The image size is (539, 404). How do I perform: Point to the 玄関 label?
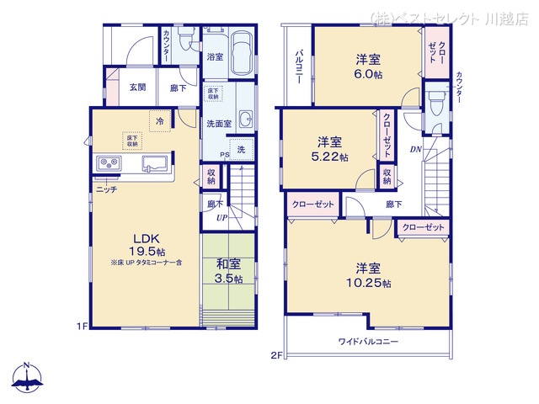pos(138,86)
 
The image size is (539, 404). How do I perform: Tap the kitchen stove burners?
pos(109,163)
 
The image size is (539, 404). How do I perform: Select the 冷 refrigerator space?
pos(159,121)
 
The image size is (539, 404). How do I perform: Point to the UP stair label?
pos(221,217)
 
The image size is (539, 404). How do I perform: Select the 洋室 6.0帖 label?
pos(367,66)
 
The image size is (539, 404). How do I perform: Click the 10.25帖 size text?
pos(372,284)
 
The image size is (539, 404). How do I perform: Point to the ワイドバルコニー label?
pos(370,342)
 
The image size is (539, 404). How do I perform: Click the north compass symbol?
pos(27,379)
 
